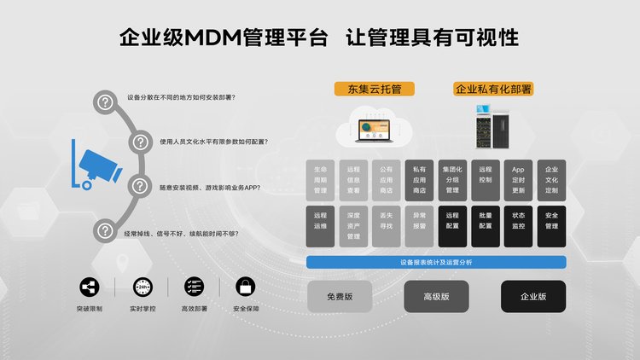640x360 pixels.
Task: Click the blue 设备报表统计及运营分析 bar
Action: [x=435, y=262]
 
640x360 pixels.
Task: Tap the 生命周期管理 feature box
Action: [x=320, y=180]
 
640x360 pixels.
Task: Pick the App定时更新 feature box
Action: [x=518, y=180]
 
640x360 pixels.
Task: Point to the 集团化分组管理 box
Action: [x=452, y=180]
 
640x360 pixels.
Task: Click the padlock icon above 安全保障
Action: [x=245, y=287]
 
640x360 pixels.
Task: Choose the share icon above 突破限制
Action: [x=89, y=287]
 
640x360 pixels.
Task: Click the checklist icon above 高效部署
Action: [x=195, y=287]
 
